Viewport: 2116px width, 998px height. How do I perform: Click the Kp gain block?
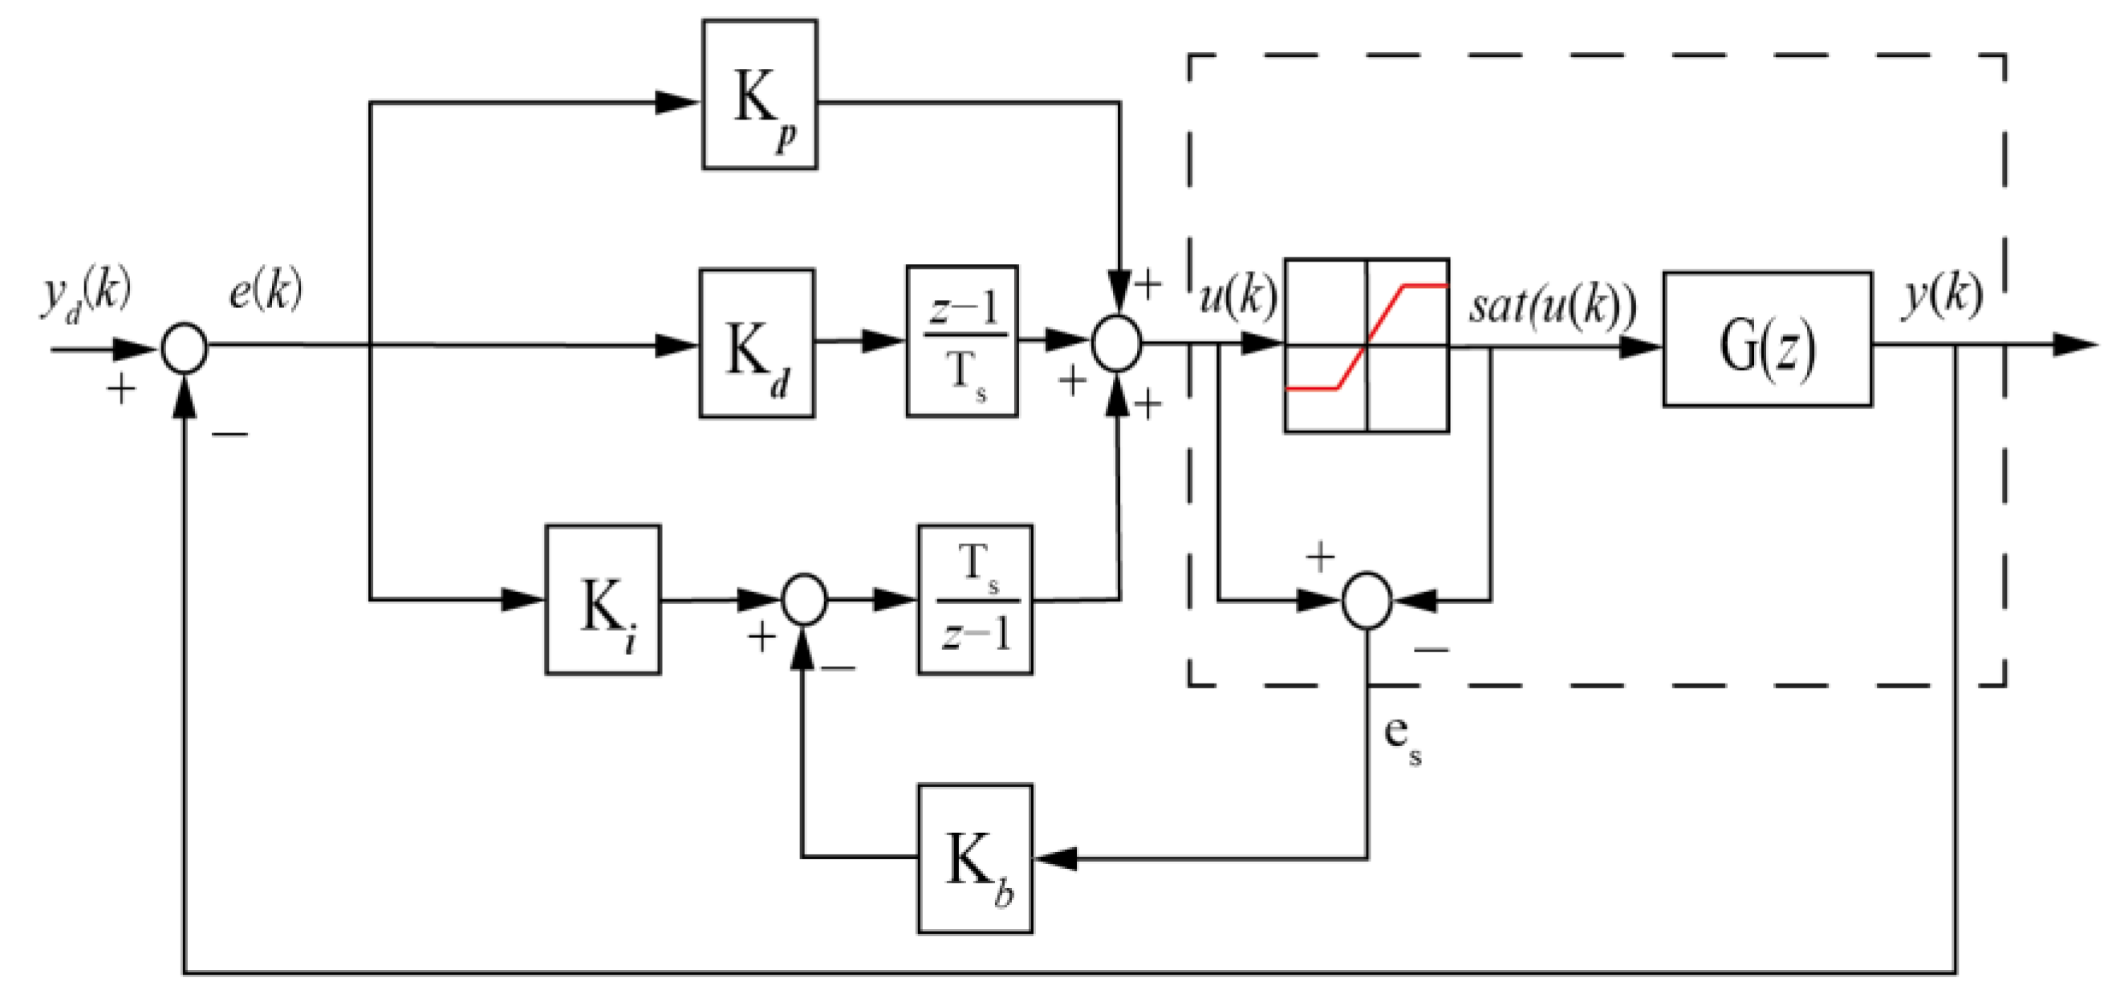pos(759,95)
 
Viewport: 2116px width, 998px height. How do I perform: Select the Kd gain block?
pos(757,343)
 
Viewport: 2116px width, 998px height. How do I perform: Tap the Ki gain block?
pos(603,600)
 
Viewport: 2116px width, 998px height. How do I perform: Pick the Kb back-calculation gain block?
pos(975,859)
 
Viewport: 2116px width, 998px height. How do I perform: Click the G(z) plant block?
pos(1767,339)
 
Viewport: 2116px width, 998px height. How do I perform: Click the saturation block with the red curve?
pos(1366,345)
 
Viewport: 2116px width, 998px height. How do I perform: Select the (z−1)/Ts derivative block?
pos(962,341)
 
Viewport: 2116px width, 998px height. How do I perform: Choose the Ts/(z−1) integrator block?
pos(975,600)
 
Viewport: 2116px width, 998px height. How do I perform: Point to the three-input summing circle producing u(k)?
pos(1117,345)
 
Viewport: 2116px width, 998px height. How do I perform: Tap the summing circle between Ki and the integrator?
pos(804,600)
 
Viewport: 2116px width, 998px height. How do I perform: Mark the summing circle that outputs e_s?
pos(1367,600)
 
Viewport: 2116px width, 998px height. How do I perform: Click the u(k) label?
pos(1239,297)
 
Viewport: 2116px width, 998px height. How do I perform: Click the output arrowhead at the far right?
pos(2075,345)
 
